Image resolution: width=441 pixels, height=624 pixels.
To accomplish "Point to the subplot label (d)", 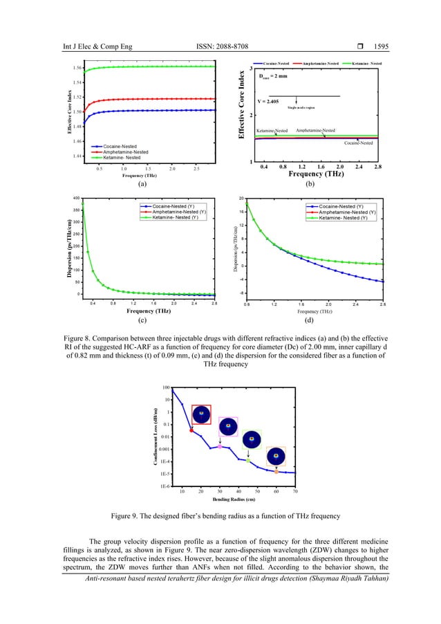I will [x=315, y=321].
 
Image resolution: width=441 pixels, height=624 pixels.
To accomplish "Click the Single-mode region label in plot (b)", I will [x=301, y=108].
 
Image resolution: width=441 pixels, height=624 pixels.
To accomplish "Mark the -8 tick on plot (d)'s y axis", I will [x=238, y=293].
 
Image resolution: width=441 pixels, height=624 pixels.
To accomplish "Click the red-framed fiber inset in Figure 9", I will [x=201, y=414].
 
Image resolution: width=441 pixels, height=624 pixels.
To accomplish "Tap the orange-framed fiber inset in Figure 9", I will [x=277, y=456].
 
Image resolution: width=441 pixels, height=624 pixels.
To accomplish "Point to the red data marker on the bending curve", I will [x=191, y=430].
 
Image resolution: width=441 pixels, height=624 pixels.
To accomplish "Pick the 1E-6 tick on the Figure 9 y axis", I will [x=165, y=487].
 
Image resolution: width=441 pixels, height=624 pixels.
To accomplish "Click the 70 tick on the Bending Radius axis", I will [x=295, y=492].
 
